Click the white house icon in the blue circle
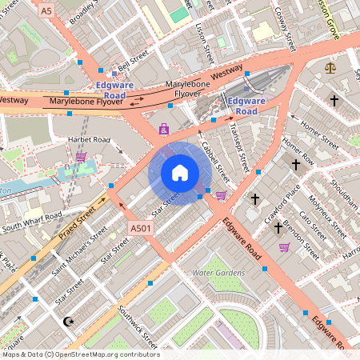coord(180,173)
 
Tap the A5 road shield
coord(46,10)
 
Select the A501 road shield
coord(141,229)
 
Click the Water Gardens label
coord(218,273)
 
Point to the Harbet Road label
coord(88,140)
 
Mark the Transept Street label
coord(238,144)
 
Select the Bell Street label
coord(134,62)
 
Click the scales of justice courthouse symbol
coord(331,67)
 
